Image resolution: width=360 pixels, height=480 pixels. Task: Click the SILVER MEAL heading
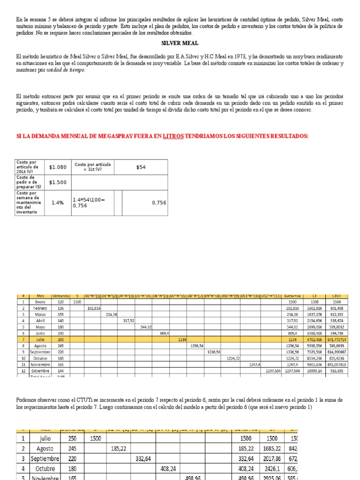pos(180,43)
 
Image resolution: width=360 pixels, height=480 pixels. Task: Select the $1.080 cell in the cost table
pos(58,167)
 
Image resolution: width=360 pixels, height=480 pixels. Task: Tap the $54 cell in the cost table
pos(141,167)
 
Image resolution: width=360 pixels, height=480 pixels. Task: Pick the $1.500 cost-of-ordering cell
pos(58,182)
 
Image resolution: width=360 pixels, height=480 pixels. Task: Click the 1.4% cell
pos(58,202)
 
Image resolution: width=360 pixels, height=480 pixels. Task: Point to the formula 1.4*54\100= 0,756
pos(90,202)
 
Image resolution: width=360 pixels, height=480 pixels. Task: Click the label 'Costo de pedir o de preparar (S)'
pos(29,182)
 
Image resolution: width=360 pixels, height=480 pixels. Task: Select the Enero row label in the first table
pos(40,302)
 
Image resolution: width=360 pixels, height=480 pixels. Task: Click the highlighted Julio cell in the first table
pos(40,339)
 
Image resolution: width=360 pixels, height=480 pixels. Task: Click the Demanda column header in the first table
pos(61,296)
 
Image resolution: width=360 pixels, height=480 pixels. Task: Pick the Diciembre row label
pos(40,369)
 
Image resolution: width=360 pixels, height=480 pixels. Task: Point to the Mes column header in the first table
pos(40,296)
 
